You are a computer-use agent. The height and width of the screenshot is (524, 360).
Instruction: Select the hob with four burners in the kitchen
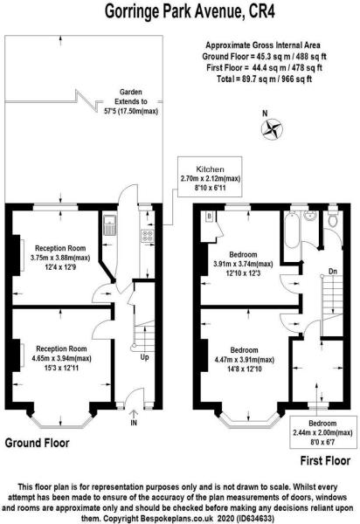[147, 234]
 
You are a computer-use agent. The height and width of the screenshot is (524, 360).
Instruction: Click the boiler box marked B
[210, 216]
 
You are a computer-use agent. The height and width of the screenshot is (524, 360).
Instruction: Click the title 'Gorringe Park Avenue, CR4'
[179, 11]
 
